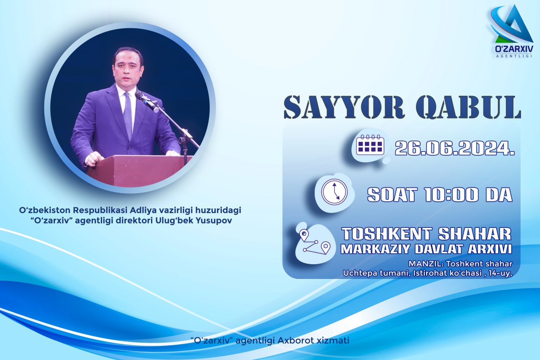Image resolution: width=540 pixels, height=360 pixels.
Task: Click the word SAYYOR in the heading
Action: [344, 107]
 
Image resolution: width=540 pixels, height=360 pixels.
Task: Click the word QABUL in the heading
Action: [469, 107]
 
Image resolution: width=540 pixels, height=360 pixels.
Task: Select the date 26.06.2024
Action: [455, 148]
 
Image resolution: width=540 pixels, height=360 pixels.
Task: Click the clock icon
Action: [335, 192]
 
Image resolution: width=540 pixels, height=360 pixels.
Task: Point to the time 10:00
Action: [451, 195]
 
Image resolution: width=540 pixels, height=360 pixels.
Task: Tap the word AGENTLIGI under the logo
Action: [514, 56]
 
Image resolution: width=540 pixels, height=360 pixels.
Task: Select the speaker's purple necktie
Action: [128, 115]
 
